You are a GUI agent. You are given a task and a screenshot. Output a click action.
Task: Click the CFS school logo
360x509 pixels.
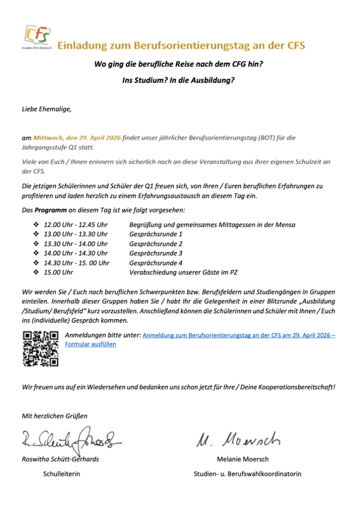37,38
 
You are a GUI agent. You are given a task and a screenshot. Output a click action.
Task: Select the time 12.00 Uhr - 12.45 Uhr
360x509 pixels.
76,225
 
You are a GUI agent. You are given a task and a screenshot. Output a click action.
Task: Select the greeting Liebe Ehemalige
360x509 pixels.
47,109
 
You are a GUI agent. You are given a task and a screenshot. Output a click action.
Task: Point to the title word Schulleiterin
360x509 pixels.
62,474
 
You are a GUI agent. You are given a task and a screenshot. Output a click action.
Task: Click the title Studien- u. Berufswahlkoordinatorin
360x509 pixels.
247,474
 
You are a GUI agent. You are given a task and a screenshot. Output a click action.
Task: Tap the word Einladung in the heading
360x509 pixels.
83,46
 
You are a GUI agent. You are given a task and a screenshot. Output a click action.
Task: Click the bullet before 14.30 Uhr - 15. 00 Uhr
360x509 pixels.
36,262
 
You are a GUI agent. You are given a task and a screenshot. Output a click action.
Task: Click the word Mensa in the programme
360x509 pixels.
285,225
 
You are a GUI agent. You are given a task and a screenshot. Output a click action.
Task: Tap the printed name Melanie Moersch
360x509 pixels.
243,459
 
